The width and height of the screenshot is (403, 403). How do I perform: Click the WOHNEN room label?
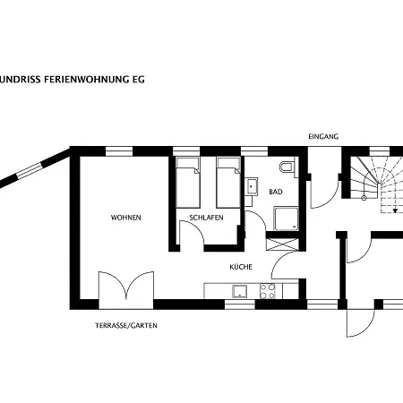[x=125, y=218]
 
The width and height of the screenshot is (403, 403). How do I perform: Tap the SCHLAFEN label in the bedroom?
[x=206, y=218]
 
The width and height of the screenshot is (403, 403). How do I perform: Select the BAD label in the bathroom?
[x=276, y=192]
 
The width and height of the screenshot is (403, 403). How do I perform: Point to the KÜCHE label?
[x=241, y=267]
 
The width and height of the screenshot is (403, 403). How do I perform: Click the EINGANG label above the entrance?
[x=323, y=137]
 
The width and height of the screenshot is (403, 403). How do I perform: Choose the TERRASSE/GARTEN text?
[x=126, y=325]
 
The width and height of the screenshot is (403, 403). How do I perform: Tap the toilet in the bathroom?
[x=287, y=167]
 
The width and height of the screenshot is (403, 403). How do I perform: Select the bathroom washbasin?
[x=252, y=186]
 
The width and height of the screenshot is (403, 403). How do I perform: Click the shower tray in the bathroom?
[x=287, y=219]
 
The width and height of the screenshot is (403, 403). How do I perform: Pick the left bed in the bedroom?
[x=188, y=183]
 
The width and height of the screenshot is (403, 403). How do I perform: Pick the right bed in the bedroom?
[x=228, y=183]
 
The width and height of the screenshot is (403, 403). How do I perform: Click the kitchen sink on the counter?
[x=240, y=291]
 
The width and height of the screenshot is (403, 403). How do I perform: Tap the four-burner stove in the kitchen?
[x=267, y=291]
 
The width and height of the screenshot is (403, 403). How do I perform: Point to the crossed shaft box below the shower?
[x=282, y=244]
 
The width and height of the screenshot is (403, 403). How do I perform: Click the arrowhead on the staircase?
[x=395, y=210]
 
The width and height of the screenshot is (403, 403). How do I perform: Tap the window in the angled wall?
[x=30, y=171]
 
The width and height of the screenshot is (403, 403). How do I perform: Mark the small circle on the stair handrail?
[x=364, y=198]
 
